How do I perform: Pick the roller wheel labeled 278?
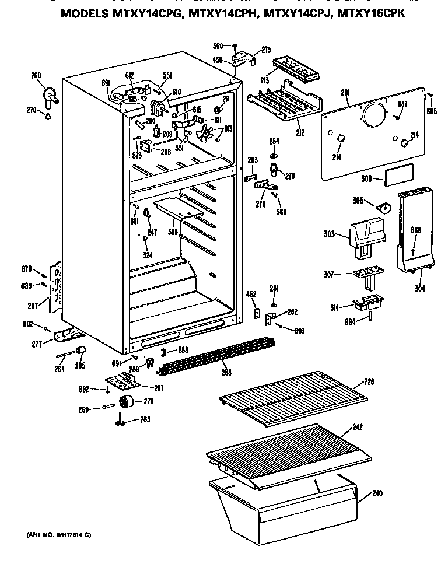click(125, 402)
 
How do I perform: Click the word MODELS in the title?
click(88, 13)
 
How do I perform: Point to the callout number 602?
click(29, 324)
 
